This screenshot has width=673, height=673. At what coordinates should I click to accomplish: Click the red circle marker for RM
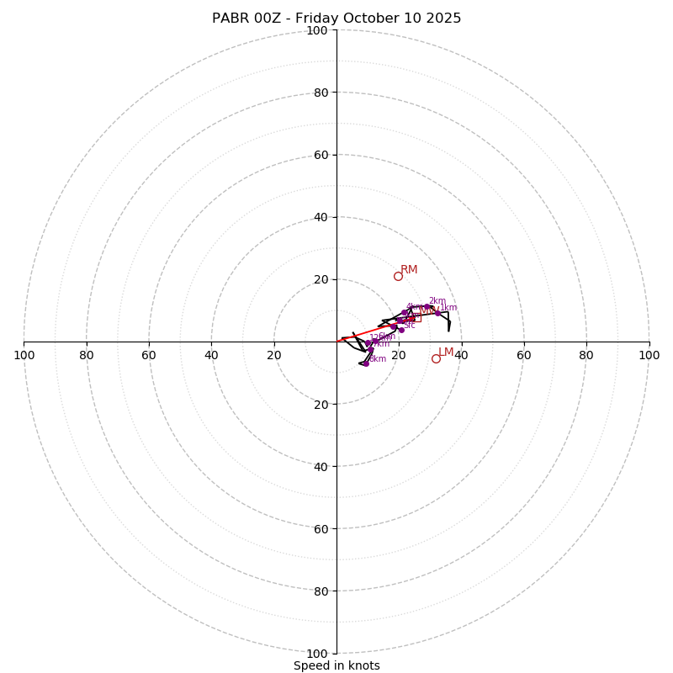(398, 276)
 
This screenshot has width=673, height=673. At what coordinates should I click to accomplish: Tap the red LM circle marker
(436, 358)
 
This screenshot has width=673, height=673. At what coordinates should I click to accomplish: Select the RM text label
(409, 269)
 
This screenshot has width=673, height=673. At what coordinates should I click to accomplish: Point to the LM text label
(446, 352)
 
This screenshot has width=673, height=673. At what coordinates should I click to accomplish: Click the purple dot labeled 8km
(366, 363)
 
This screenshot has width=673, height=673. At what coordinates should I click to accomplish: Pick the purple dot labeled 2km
(427, 307)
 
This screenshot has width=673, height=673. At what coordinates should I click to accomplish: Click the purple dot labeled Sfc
(401, 330)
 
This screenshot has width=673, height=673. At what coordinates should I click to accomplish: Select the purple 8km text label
(378, 358)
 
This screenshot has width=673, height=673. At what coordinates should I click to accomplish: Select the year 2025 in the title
(443, 19)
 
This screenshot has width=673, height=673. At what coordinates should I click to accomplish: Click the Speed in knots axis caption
(336, 665)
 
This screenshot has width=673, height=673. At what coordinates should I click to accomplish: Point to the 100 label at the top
(316, 30)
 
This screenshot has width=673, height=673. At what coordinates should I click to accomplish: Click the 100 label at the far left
(24, 355)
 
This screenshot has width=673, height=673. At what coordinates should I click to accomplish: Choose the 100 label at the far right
(649, 355)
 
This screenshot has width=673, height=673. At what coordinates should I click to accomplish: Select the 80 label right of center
(586, 355)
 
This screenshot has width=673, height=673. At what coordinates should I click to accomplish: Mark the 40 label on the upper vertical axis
(320, 217)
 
